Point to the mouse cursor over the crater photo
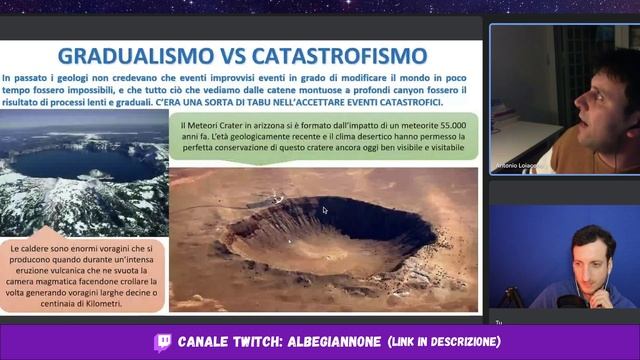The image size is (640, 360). (x=324, y=211)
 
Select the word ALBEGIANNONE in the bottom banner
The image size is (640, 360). (x=333, y=342)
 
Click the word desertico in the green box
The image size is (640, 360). (x=366, y=135)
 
